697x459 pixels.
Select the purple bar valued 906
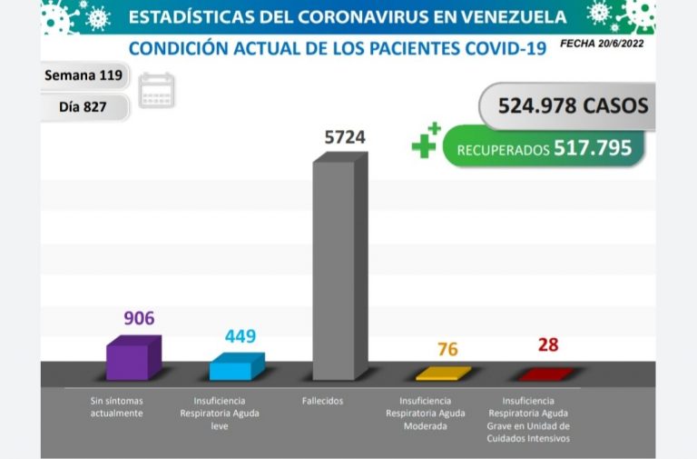pyautogui.click(x=133, y=359)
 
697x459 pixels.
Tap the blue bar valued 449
pyautogui.click(x=236, y=367)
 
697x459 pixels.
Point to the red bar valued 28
pyautogui.click(x=545, y=374)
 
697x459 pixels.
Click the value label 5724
pyautogui.click(x=347, y=137)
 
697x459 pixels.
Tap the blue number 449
pyautogui.click(x=241, y=336)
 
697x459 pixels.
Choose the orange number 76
pyautogui.click(x=447, y=350)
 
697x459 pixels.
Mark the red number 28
pyautogui.click(x=547, y=344)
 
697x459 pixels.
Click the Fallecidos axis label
pyautogui.click(x=323, y=401)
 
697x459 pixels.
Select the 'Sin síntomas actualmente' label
pyautogui.click(x=117, y=406)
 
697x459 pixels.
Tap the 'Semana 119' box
pyautogui.click(x=84, y=75)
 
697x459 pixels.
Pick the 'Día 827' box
pyautogui.click(x=83, y=106)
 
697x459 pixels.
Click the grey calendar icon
pyautogui.click(x=156, y=91)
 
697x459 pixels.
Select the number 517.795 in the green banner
pyautogui.click(x=593, y=148)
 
